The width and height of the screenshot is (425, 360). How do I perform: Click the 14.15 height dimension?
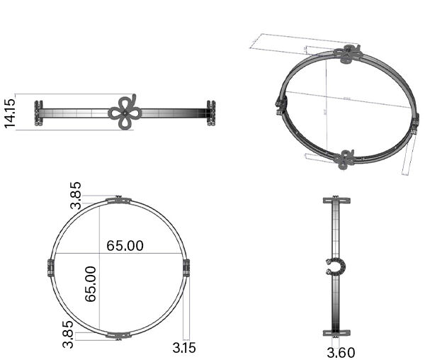[10, 111]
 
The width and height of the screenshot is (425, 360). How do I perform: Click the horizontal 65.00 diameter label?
[125, 245]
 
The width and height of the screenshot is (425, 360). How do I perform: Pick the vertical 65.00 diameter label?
[91, 284]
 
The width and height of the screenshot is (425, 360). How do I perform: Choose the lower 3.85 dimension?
[69, 334]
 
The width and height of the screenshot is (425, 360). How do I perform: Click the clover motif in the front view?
[125, 112]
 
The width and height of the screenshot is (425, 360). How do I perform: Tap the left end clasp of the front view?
[39, 113]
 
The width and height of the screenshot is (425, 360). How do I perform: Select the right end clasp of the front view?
[210, 113]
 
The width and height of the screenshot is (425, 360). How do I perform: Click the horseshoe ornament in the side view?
[335, 267]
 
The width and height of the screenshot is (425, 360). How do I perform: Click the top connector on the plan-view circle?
[118, 201]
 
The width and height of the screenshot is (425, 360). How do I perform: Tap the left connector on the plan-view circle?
[51, 268]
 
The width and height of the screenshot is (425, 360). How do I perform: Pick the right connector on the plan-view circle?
[186, 268]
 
